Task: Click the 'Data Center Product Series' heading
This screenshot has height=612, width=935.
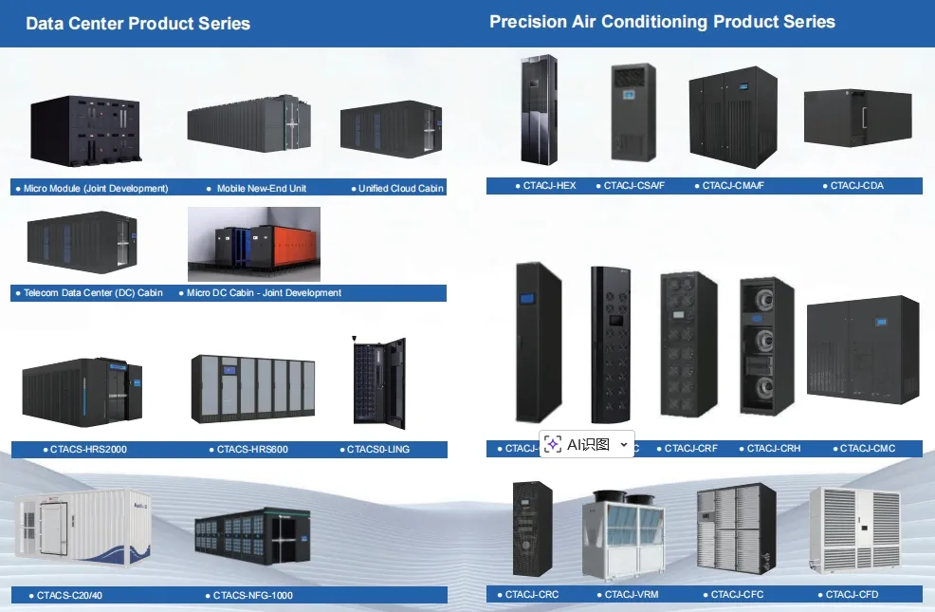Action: point(137,24)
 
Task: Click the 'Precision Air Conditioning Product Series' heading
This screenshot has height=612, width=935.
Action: point(662,21)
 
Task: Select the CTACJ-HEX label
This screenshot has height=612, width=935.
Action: point(549,186)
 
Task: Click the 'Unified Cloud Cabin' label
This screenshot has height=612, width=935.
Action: point(400,188)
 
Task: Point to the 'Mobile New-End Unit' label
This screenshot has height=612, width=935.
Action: point(261,188)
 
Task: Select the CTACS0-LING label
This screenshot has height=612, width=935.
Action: point(377,449)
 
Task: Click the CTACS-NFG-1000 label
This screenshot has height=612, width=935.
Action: point(252,596)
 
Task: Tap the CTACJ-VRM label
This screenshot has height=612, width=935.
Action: point(631,595)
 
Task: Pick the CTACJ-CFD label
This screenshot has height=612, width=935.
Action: point(852,595)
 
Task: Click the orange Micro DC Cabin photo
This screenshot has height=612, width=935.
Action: point(254,244)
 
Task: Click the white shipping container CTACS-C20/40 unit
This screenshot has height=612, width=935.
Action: point(82,536)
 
